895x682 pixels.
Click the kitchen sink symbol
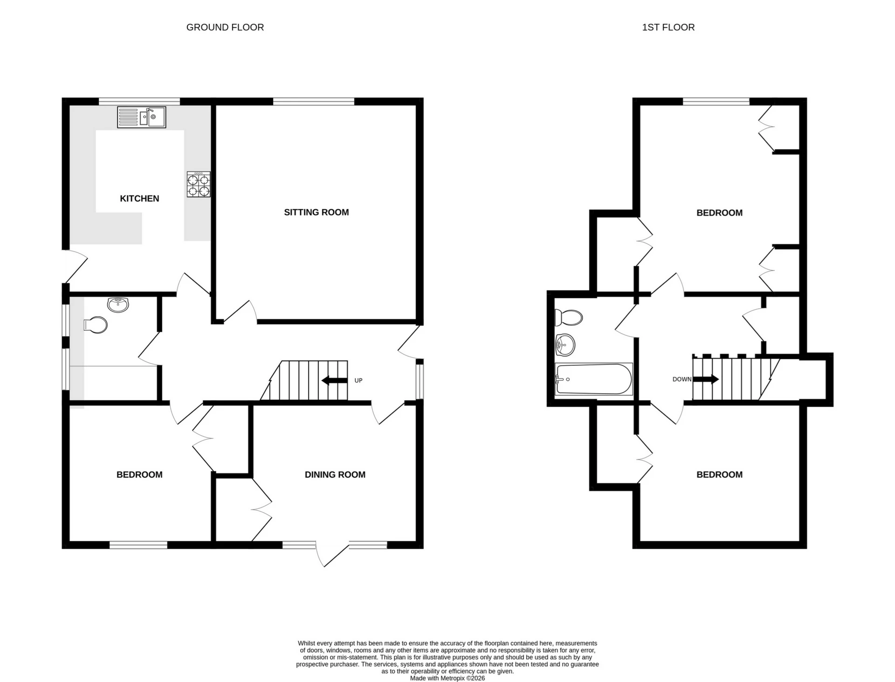142,117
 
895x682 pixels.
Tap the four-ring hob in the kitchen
199,184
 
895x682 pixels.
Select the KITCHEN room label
139,199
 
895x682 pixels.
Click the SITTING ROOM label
317,212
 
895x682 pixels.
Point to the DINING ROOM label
335,474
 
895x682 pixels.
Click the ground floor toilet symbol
96,325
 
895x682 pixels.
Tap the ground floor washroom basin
118,305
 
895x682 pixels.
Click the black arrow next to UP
334,380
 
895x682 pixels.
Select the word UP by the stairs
358,380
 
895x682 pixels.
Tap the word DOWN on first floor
682,379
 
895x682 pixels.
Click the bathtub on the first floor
594,379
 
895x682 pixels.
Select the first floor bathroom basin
565,345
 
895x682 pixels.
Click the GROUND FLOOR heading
225,28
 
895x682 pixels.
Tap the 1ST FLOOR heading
668,28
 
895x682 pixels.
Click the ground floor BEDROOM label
139,474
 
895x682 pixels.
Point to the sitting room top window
314,101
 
